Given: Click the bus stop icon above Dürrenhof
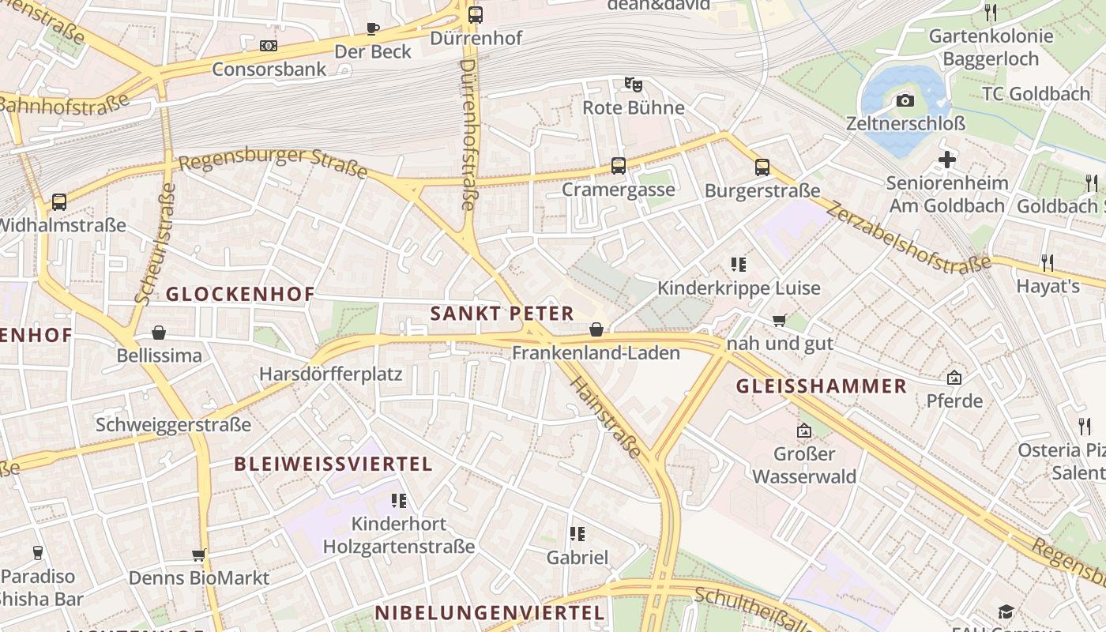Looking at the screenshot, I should point(475,14).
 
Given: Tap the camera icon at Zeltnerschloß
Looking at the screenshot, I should point(905,100).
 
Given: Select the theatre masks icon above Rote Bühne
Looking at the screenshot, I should point(633,84).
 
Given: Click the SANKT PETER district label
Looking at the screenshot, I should point(502,313).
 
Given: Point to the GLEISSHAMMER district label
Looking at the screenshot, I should point(822,386).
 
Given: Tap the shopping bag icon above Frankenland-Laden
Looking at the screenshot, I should point(596,329).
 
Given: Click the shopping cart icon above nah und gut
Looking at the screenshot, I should point(780,320).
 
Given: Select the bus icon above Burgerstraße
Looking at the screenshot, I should point(762,167).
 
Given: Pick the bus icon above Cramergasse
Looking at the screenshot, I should point(618,166).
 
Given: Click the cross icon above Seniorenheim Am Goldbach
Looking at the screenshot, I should point(946,160).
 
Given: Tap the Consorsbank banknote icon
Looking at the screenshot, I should point(269,46).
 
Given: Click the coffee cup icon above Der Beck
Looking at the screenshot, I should point(373,28).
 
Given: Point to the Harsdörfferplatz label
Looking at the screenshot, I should point(331,374).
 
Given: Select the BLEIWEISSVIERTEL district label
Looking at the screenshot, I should point(333,464).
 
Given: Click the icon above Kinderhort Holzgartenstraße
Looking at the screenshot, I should point(398,500).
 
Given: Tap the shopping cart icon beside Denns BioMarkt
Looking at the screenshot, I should point(199,555).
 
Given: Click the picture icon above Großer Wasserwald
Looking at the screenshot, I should point(804,431).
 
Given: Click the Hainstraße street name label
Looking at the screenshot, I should point(604,418).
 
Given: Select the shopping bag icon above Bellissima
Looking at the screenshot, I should point(159,333).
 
